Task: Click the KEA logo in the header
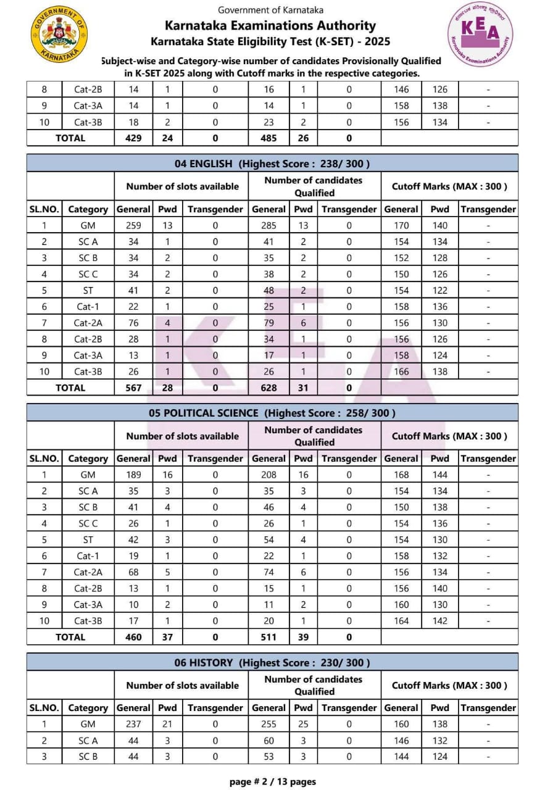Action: point(480,34)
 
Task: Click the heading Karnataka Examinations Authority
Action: point(270,26)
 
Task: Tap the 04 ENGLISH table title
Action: point(272,164)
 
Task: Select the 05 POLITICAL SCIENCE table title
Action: point(272,413)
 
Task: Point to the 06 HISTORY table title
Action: point(272,662)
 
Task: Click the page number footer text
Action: point(272,781)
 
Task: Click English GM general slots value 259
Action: point(133,225)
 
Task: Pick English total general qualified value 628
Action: point(269,388)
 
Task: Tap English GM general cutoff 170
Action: point(401,225)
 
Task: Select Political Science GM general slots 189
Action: point(133,475)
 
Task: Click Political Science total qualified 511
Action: point(269,637)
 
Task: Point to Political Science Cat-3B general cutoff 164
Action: point(401,621)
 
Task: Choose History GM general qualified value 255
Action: point(269,724)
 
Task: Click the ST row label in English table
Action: point(88,290)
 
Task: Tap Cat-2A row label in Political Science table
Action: point(88,572)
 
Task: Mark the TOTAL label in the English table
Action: point(70,388)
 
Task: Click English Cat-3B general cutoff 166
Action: point(401,372)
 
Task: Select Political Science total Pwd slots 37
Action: point(167,637)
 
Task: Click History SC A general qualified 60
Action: point(269,740)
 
